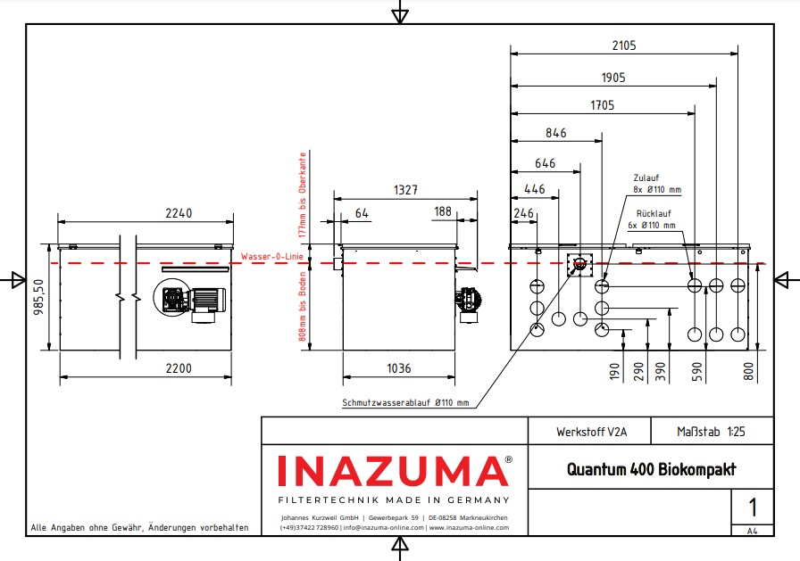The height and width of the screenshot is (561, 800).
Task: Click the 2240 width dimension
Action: pyautogui.click(x=179, y=213)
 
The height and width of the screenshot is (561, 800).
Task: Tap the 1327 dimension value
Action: pyautogui.click(x=406, y=189)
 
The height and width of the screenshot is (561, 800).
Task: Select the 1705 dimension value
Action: pyautogui.click(x=603, y=105)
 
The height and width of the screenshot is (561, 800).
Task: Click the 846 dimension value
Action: pyautogui.click(x=555, y=134)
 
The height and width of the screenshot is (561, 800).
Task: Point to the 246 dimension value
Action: pyautogui.click(x=523, y=214)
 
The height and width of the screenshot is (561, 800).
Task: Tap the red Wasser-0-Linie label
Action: pyautogui.click(x=272, y=257)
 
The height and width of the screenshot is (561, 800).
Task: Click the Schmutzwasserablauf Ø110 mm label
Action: pyautogui.click(x=405, y=403)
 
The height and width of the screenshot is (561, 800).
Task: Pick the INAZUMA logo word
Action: pyautogui.click(x=393, y=471)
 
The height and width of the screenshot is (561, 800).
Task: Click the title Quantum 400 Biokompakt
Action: pyautogui.click(x=651, y=469)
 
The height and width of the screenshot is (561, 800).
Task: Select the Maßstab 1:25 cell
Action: pyautogui.click(x=711, y=432)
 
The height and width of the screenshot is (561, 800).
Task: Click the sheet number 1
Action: pyautogui.click(x=752, y=508)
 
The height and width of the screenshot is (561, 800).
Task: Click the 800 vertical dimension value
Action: pyautogui.click(x=748, y=369)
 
